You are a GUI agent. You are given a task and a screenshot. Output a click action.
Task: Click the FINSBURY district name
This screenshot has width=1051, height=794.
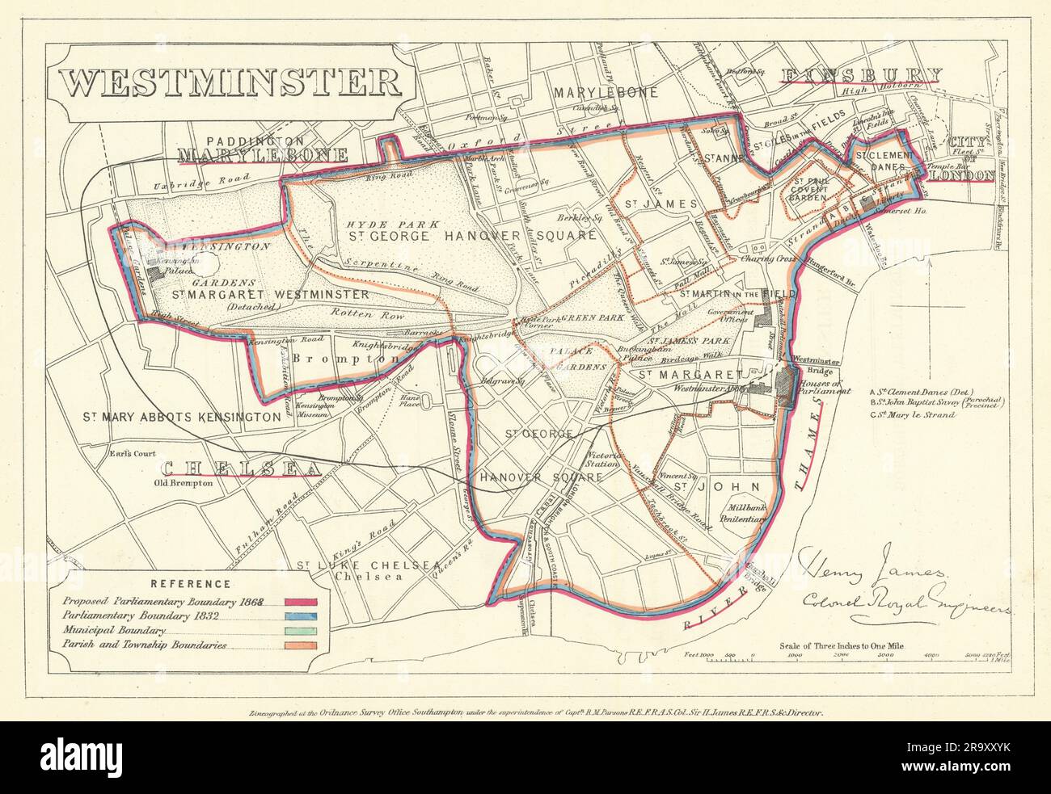861,76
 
